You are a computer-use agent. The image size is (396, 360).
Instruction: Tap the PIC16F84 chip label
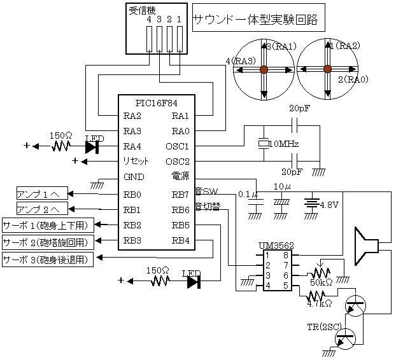(157, 103)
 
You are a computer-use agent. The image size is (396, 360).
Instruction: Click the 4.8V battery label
(329, 205)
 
